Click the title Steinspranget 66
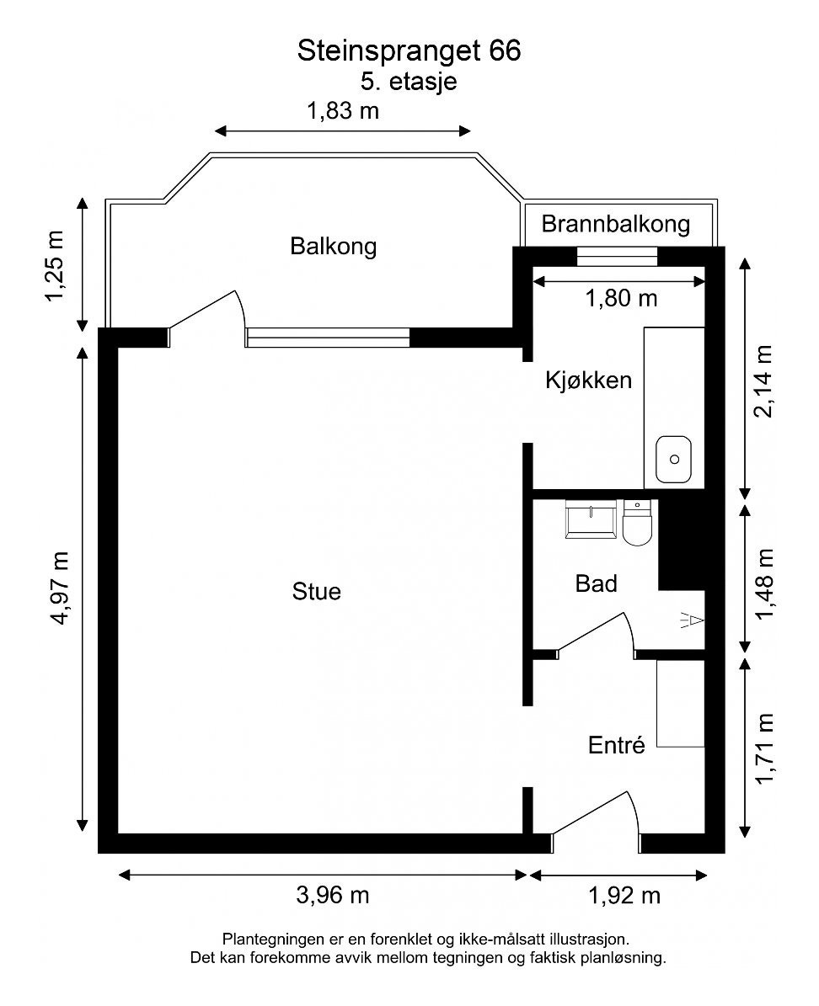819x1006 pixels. (x=409, y=51)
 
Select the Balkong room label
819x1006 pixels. (x=333, y=247)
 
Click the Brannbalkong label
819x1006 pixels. (x=616, y=224)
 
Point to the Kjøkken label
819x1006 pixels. (x=588, y=380)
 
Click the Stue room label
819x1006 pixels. (x=317, y=591)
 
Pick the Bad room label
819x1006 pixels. (x=597, y=583)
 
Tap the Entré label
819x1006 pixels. (x=616, y=745)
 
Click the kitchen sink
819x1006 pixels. (x=674, y=460)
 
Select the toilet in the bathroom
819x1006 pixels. (x=638, y=524)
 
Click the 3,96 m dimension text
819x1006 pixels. (x=333, y=894)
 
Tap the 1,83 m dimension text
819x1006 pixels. (x=343, y=110)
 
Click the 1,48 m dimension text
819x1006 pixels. (x=765, y=583)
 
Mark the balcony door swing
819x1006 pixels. (x=211, y=313)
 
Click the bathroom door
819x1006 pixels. (x=597, y=633)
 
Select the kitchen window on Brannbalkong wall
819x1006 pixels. (x=617, y=255)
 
